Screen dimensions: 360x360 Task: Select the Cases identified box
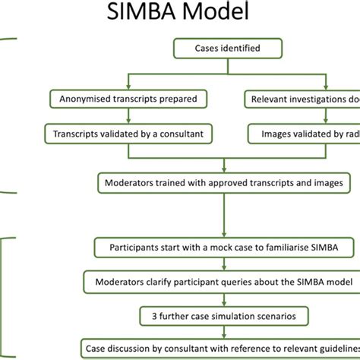point(217,49)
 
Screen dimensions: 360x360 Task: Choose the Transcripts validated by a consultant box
point(128,133)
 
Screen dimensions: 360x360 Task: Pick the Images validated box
point(304,133)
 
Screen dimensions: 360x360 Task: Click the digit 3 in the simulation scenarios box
point(146,314)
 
